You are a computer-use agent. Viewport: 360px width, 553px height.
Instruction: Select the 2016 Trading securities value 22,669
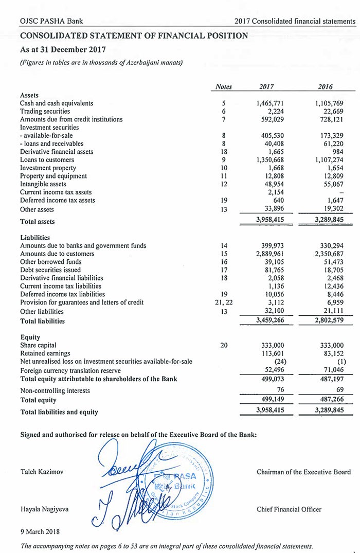[x=332, y=111]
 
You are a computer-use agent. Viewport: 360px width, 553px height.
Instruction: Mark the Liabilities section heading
[x=35, y=238]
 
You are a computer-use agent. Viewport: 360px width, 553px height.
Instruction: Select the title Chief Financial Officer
[x=289, y=509]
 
